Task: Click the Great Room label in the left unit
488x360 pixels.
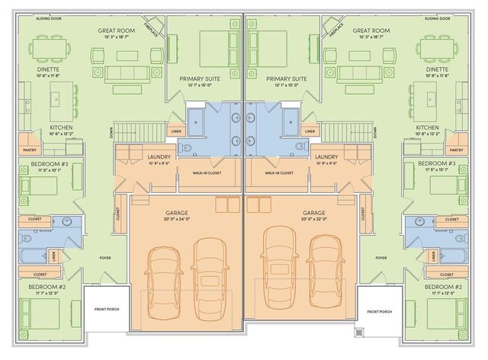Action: coord(117,31)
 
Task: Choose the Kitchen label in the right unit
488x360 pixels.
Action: coord(427,127)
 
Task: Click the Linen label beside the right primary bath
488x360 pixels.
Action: coord(310,131)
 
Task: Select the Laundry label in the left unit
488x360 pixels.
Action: coord(159,157)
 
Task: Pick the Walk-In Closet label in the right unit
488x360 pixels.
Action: coord(279,173)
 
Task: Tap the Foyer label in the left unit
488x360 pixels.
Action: coord(105,258)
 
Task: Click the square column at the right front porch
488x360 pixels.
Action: coord(358,333)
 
